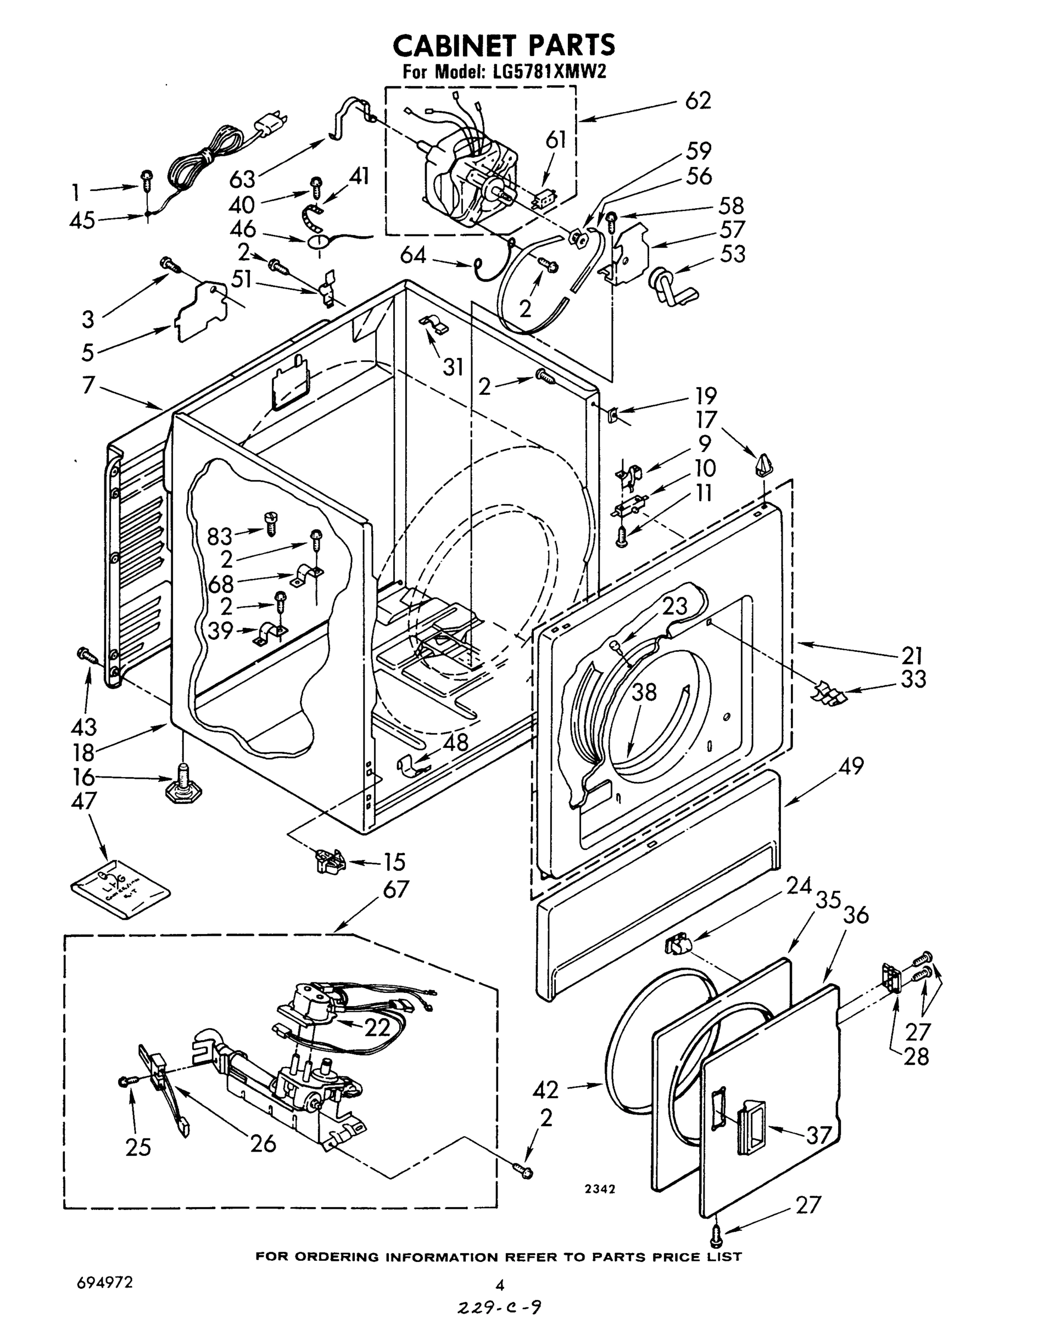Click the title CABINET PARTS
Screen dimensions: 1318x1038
pyautogui.click(x=504, y=46)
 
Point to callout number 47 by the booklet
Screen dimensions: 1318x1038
pyautogui.click(x=84, y=801)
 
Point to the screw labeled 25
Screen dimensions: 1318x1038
pyautogui.click(x=127, y=1081)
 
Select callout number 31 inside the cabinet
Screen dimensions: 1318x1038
pyautogui.click(x=453, y=367)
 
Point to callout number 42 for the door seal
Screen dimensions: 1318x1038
pyautogui.click(x=545, y=1090)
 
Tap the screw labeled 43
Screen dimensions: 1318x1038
pyautogui.click(x=86, y=655)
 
